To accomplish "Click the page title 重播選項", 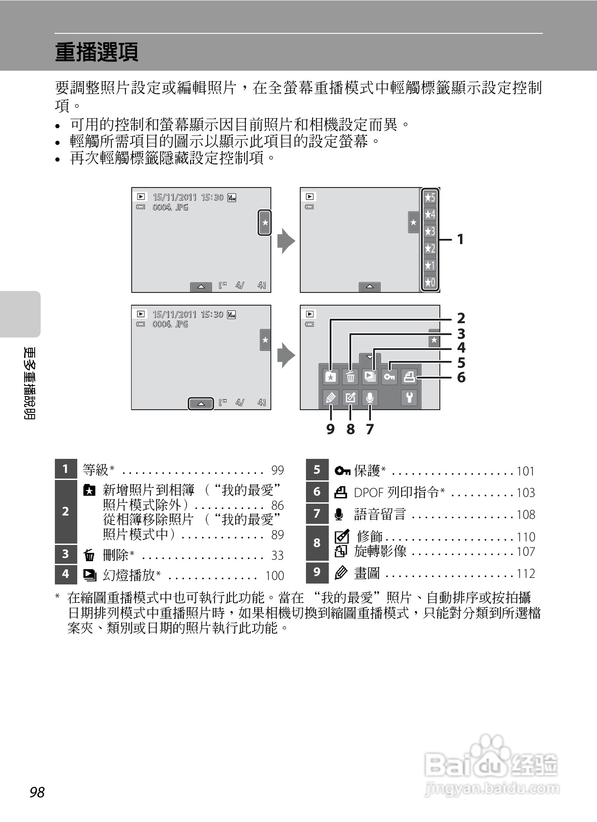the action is point(97,52).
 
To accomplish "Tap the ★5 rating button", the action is point(430,198).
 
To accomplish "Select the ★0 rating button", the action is point(430,282).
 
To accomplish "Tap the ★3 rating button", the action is point(430,231).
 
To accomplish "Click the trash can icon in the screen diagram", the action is point(350,377).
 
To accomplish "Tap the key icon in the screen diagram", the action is point(389,377).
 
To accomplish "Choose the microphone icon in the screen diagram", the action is point(370,398).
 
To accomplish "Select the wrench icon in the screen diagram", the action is point(409,398).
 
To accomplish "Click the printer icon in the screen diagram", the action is point(409,377).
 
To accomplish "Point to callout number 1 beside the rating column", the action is point(460,240).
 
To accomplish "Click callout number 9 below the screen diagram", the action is point(331,429).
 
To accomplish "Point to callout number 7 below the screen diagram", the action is point(370,429).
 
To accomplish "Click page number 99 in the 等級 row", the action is point(277,470).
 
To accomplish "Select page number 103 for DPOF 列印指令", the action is point(525,493).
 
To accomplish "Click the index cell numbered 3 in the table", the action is point(65,554).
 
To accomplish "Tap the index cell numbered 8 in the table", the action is point(317,543).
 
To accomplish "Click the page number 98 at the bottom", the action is point(37,792).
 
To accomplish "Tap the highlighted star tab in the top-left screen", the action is point(265,223).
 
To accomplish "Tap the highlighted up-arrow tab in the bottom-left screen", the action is point(201,403).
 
